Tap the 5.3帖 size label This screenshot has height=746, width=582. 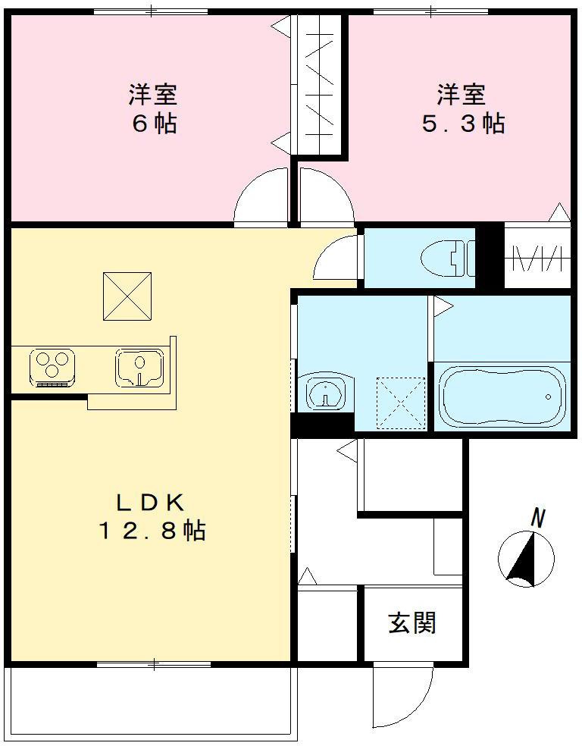pos(462,124)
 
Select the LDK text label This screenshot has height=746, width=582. pos(150,503)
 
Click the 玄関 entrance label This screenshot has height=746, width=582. pos(412,623)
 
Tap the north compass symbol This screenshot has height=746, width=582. pos(525,559)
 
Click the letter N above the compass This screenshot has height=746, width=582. pos(538,519)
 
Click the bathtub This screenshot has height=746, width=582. pos(502,397)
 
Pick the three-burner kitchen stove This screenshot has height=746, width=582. pos(52,365)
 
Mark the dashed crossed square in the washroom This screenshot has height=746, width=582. pos(402,402)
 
